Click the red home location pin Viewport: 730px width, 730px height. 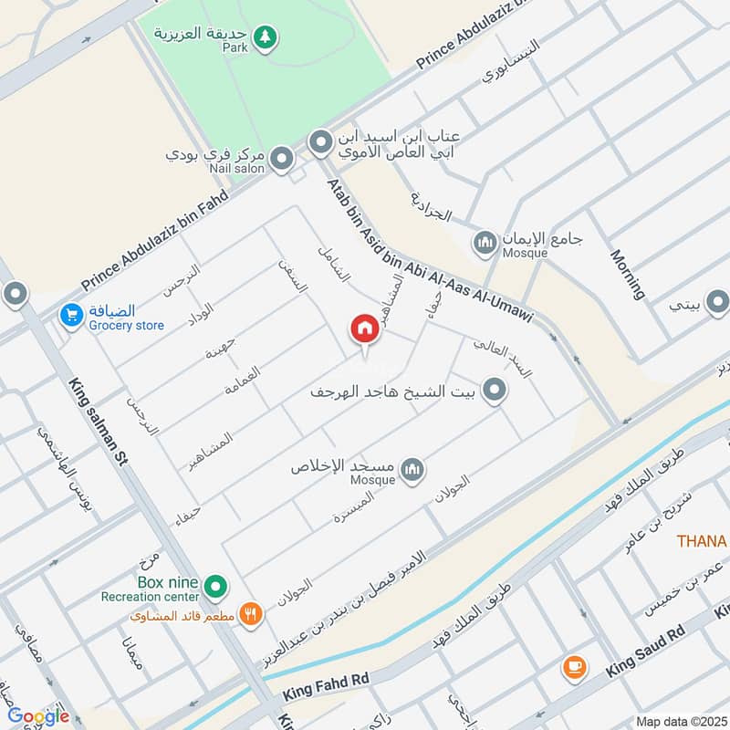pyautogui.click(x=364, y=329)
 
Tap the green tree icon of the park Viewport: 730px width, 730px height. pyautogui.click(x=266, y=37)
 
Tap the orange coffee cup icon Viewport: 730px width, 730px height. pyautogui.click(x=574, y=667)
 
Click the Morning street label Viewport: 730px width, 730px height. pyautogui.click(x=628, y=274)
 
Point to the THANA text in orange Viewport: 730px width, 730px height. pyautogui.click(x=702, y=541)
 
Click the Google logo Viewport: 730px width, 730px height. pyautogui.click(x=38, y=716)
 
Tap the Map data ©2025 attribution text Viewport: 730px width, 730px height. pyautogui.click(x=680, y=721)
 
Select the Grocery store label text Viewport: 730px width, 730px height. pyautogui.click(x=127, y=325)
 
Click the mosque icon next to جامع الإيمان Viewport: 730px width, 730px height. pyautogui.click(x=484, y=243)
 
